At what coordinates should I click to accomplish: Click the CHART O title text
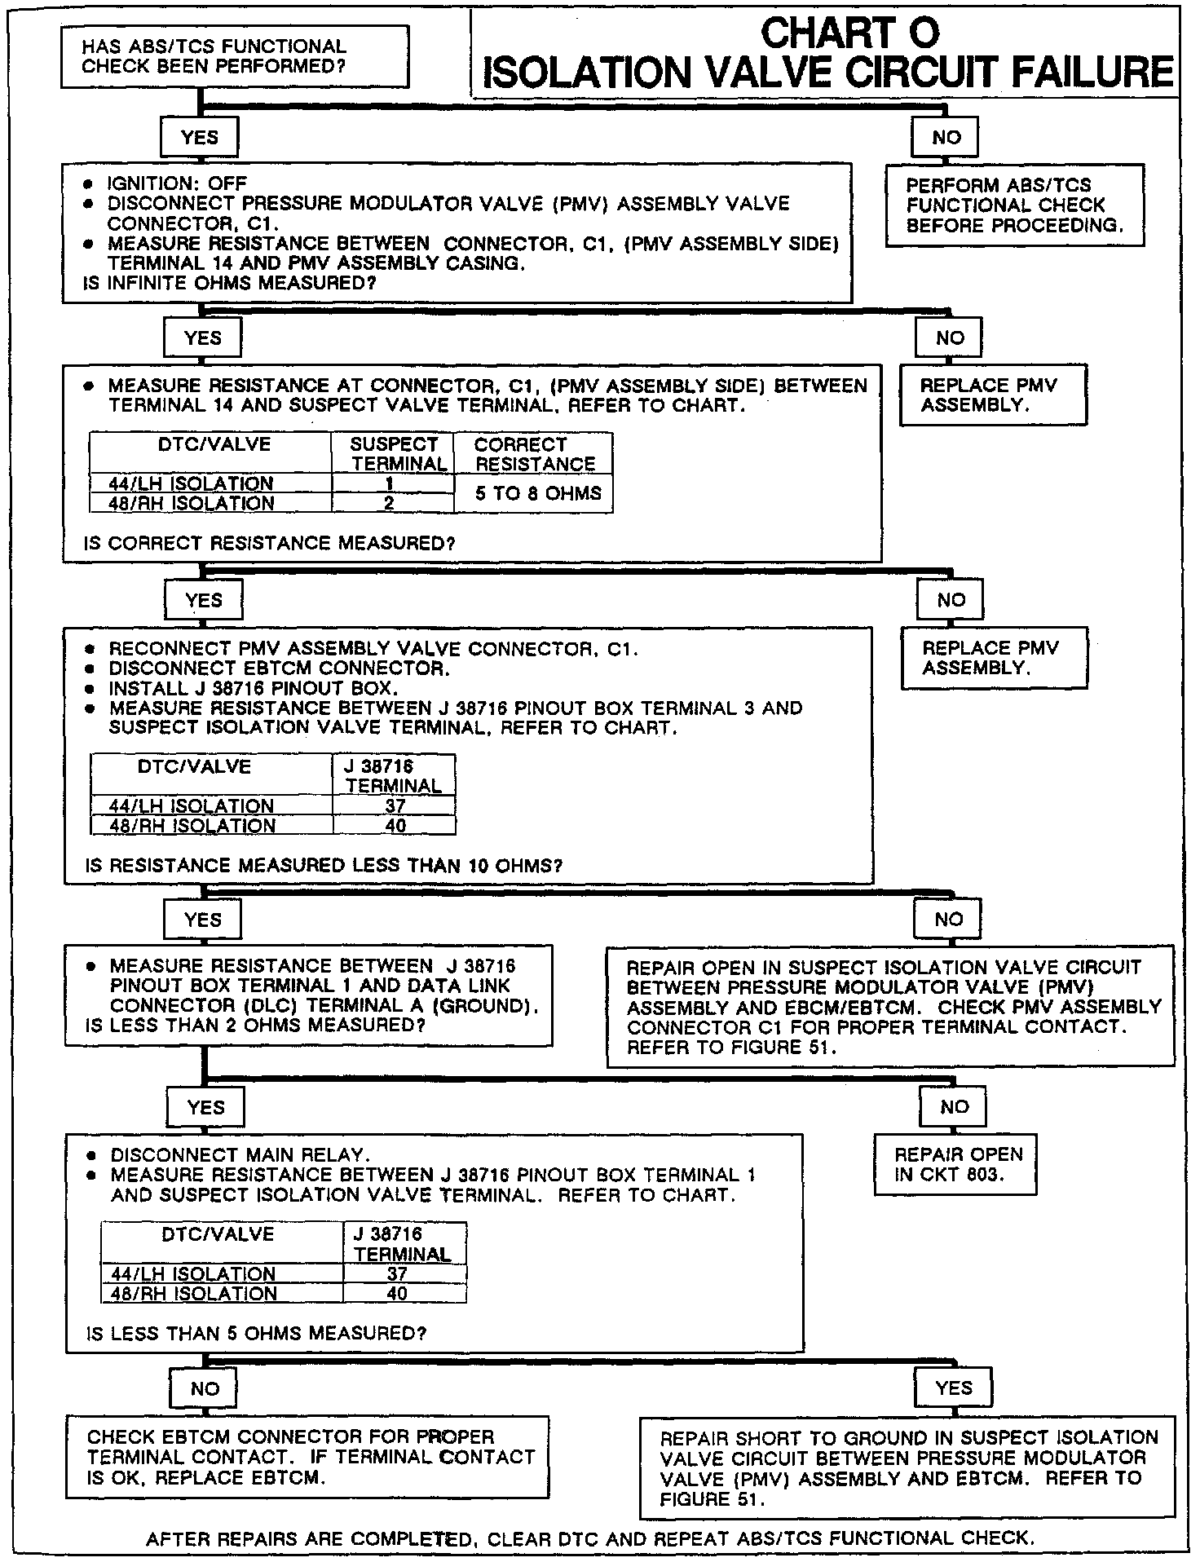[x=849, y=33]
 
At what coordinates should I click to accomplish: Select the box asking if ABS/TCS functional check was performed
[x=235, y=57]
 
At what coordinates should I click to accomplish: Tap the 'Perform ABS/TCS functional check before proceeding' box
[x=1014, y=205]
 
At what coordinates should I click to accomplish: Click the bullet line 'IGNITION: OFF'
[x=177, y=183]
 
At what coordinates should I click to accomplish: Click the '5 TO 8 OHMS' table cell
[x=538, y=493]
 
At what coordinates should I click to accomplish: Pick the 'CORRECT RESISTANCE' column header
[x=534, y=454]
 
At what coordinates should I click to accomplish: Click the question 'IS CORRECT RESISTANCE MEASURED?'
[x=269, y=543]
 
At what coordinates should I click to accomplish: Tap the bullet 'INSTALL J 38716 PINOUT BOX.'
[x=254, y=688]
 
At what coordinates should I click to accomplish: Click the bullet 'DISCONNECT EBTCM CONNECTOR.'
[x=280, y=668]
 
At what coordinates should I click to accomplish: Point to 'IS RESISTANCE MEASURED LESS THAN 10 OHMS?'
[x=324, y=865]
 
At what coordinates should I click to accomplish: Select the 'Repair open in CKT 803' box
[x=955, y=1165]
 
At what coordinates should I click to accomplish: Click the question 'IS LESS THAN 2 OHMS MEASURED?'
[x=255, y=1026]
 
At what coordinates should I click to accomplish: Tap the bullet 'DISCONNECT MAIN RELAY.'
[x=240, y=1155]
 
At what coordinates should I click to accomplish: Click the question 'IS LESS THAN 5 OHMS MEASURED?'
[x=256, y=1334]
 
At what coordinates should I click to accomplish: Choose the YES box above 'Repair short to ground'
[x=953, y=1388]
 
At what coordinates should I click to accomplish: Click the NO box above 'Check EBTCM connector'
[x=205, y=1388]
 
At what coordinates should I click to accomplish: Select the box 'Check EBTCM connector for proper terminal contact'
[x=307, y=1457]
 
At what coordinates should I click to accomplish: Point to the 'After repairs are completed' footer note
[x=590, y=1538]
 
